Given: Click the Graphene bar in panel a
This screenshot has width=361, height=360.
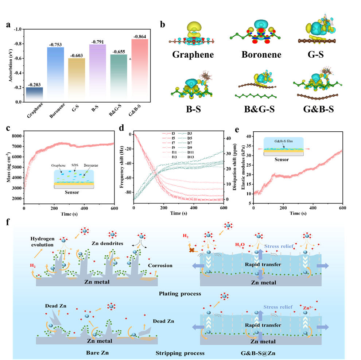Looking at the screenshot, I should tap(35, 94).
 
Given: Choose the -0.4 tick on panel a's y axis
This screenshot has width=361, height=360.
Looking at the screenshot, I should tap(19, 73).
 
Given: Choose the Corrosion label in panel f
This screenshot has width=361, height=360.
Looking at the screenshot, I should tap(160, 265).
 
